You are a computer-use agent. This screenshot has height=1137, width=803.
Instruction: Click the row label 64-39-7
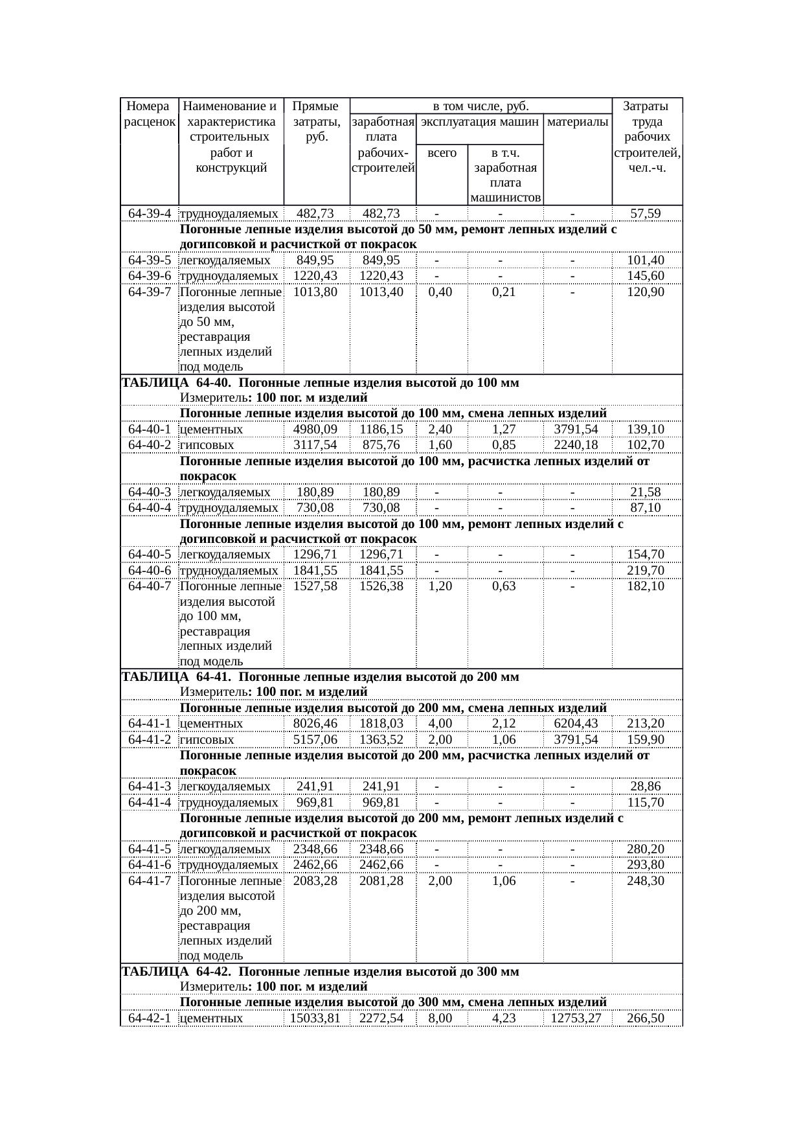tap(150, 292)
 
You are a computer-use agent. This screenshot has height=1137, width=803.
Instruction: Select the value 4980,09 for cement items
tap(315, 430)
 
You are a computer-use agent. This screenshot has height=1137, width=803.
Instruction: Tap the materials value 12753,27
tap(576, 1018)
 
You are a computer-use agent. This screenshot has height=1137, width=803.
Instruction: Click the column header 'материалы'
tap(578, 121)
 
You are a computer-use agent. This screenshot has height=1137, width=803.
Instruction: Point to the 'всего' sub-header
tap(442, 154)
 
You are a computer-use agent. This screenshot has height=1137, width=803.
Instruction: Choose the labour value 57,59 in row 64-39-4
tap(646, 214)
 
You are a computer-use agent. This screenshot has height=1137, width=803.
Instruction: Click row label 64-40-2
tap(150, 445)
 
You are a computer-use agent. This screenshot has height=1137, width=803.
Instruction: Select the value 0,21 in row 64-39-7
tap(503, 292)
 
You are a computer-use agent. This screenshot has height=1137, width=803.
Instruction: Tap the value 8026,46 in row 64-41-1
tap(315, 724)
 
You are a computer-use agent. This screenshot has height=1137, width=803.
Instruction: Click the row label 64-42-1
tap(150, 1018)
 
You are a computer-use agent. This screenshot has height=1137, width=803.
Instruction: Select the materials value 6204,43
tap(576, 724)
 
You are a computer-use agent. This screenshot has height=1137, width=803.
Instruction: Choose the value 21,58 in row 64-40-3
tap(646, 492)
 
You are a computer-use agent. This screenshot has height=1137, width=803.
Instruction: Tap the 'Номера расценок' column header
tap(149, 113)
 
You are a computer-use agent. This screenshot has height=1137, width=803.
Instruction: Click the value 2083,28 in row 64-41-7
tap(315, 881)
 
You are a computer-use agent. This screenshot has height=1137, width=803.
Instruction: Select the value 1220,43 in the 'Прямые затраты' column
tap(315, 276)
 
